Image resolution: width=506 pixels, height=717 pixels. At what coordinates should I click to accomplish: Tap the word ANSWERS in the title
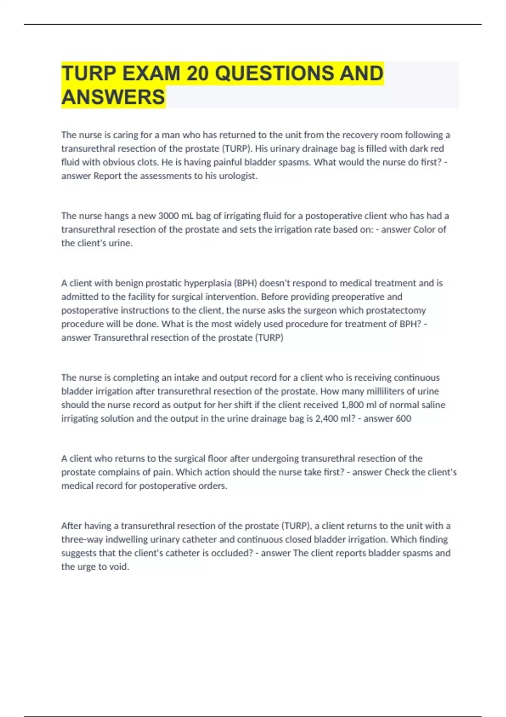[113, 97]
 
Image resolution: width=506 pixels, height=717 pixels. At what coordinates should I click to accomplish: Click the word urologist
[237, 176]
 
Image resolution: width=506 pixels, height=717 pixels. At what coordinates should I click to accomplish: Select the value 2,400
[327, 418]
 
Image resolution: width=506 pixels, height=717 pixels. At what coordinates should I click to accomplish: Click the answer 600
[403, 418]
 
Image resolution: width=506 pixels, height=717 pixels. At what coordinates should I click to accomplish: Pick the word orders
[214, 486]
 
